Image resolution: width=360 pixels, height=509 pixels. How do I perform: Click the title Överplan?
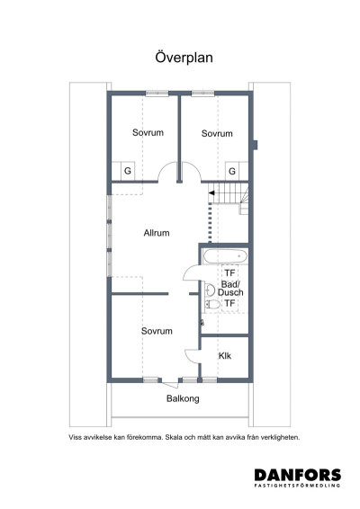point(180,57)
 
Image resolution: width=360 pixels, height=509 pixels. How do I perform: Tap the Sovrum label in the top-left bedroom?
point(148,133)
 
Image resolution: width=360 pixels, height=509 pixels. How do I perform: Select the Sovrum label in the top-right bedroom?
point(217,133)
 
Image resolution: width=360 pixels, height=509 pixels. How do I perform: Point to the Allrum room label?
point(157,233)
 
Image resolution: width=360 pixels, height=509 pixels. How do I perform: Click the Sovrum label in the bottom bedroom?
point(157,331)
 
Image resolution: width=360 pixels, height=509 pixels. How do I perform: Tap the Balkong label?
point(182,398)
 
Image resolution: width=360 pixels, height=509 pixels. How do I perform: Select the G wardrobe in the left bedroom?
point(127,170)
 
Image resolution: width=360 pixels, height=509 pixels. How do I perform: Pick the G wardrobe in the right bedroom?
point(231,170)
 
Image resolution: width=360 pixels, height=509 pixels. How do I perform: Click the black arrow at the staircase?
point(212,192)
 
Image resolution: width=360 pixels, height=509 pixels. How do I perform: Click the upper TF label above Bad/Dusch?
point(229,272)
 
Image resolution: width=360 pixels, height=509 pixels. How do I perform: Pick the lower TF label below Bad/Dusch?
point(229,304)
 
